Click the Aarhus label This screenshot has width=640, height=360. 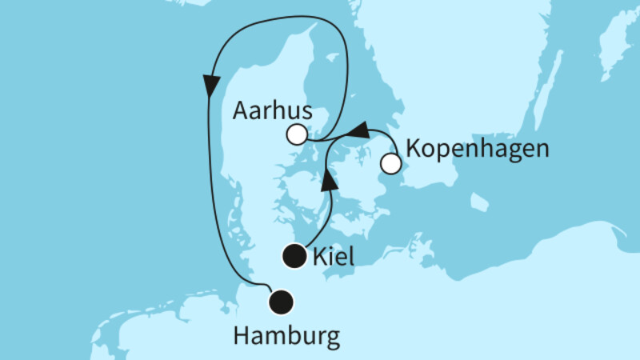[270, 111]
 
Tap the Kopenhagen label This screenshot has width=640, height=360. [477, 150]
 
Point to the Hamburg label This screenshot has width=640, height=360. [286, 335]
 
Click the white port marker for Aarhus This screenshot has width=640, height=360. [296, 134]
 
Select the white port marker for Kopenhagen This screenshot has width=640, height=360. [390, 165]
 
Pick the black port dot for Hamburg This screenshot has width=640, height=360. [281, 302]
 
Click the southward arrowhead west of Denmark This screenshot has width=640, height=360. [212, 83]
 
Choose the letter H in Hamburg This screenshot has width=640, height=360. [240, 335]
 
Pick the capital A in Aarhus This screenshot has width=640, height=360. [239, 111]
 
